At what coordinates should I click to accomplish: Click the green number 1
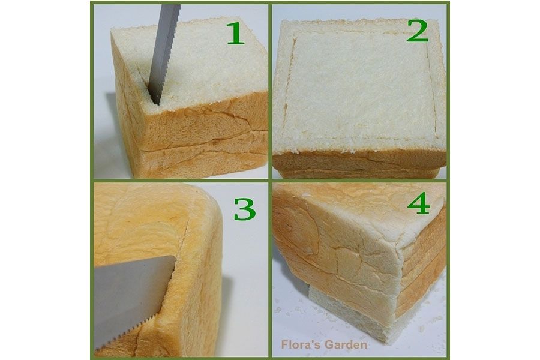(236, 33)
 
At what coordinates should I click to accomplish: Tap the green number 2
(418, 31)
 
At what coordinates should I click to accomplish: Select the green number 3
(245, 209)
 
